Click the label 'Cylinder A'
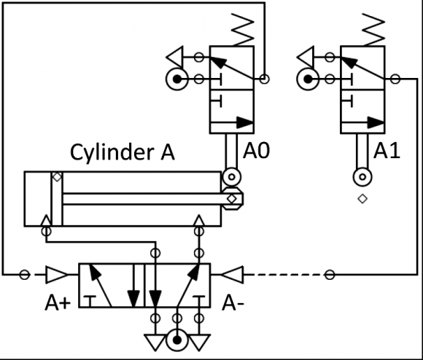122,152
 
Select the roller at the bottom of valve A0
232,176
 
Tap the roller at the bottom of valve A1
362,176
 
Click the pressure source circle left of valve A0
177,79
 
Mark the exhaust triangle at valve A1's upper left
307,55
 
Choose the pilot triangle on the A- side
233,275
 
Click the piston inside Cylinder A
56,199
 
